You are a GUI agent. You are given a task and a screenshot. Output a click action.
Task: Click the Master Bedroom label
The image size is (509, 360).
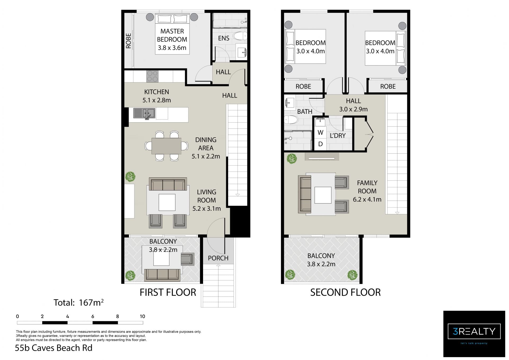point(172,35)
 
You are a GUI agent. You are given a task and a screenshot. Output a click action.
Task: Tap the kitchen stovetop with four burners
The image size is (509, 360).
point(152,76)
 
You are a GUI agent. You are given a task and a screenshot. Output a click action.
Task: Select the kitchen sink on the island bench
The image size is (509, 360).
point(144,114)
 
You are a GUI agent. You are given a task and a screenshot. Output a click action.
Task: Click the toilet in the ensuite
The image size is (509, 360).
point(240,36)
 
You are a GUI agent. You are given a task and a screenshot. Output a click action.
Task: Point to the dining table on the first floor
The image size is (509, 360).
point(166,146)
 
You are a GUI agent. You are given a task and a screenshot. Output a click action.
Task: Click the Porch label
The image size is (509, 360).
point(218,258)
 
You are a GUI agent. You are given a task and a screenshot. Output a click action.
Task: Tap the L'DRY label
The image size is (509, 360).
point(338,136)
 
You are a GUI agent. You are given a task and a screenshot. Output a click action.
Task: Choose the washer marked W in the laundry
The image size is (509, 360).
point(320,132)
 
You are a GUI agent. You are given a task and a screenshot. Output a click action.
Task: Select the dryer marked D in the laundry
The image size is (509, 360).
point(320,144)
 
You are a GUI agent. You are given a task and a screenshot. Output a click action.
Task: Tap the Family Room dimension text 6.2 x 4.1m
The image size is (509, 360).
point(367,199)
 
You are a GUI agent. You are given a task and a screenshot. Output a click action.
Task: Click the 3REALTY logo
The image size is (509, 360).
point(474,334)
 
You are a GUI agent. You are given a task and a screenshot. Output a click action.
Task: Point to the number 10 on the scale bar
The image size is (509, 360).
point(142,316)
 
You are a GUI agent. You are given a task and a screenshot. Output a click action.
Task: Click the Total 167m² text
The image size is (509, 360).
point(78,302)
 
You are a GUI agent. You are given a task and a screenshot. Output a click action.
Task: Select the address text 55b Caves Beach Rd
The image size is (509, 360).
point(54,348)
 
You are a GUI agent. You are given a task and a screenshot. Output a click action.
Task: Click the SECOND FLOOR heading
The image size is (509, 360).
point(345,292)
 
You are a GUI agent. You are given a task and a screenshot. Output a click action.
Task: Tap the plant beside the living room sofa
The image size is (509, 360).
point(130,176)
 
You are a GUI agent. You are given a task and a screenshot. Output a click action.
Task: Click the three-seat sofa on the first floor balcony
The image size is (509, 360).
point(162,275)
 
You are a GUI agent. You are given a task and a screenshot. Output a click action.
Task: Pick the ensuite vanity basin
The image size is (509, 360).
point(242,52)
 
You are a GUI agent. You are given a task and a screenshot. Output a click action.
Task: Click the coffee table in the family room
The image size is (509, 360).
point(323,195)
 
